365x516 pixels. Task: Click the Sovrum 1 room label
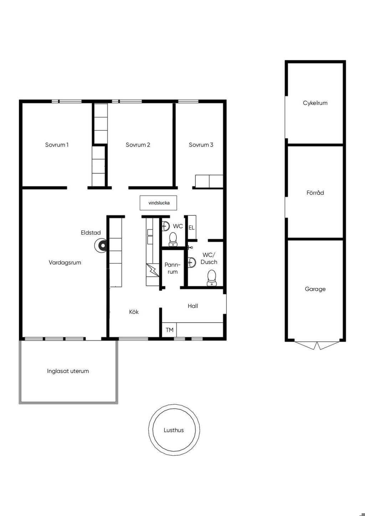[x=57, y=145]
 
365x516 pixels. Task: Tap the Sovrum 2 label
[x=138, y=145]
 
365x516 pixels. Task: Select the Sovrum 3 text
[x=201, y=145]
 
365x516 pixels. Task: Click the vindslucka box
[x=158, y=203]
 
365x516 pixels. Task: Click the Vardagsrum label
[x=65, y=263]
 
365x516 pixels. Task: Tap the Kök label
[x=134, y=312]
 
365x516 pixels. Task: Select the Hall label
[x=193, y=306]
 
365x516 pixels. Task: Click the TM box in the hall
[x=169, y=330]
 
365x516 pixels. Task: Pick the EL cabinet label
[x=191, y=228]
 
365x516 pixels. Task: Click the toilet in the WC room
[x=173, y=239]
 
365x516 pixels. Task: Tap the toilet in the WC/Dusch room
[x=211, y=278]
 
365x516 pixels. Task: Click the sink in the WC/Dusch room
[x=192, y=262]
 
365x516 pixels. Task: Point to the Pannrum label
[x=173, y=268]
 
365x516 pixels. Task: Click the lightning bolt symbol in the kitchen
[x=152, y=270]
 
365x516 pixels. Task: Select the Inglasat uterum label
[x=68, y=371]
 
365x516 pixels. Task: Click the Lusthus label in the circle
[x=174, y=430]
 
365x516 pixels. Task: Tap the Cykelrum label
[x=315, y=103]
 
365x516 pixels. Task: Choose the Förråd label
[x=315, y=192]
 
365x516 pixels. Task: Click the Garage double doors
[x=317, y=345]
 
